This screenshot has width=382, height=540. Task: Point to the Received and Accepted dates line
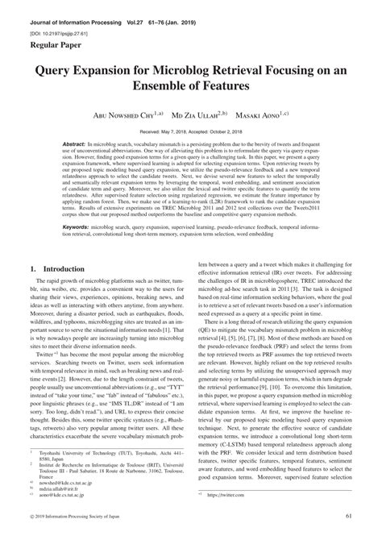[191, 130]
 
